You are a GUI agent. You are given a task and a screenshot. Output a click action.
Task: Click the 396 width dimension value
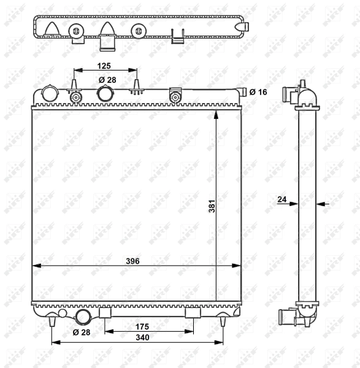[132, 261]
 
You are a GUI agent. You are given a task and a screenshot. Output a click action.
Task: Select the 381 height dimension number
[211, 207]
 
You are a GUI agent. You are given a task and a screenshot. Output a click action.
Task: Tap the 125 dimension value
[104, 65]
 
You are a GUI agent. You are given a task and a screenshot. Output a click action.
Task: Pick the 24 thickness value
[282, 199]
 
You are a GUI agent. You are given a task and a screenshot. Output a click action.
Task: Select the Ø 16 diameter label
[258, 92]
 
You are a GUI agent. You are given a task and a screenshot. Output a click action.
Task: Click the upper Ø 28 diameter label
[107, 80]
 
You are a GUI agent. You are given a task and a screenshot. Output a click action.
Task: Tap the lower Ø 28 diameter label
[81, 332]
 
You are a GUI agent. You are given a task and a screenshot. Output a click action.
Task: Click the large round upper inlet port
[106, 94]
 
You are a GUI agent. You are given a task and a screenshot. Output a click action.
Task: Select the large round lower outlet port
[83, 316]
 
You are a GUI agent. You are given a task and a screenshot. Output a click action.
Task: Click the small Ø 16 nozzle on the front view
[243, 93]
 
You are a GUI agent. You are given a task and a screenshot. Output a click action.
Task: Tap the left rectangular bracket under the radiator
[105, 313]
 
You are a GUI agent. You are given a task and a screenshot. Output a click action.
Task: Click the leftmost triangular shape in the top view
[52, 29]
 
